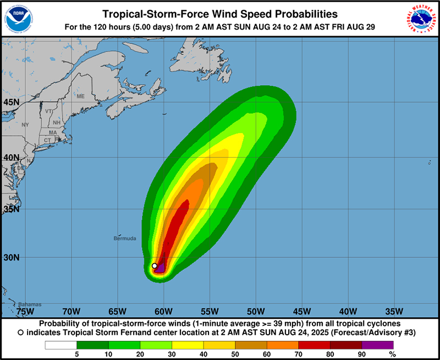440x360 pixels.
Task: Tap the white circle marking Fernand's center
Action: point(155,266)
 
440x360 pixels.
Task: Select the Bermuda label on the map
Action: point(125,239)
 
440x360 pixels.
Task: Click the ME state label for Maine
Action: point(81,96)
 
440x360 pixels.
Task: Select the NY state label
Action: point(25,125)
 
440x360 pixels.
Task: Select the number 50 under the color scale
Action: point(235,355)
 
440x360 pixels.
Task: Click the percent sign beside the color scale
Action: point(392,355)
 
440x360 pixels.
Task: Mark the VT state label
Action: point(49,111)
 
